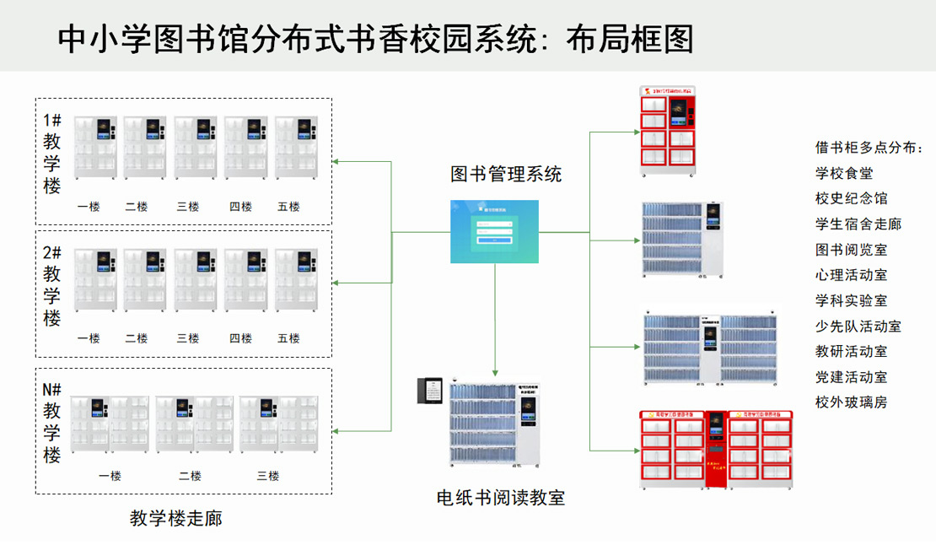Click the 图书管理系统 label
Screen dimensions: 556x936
tap(505, 175)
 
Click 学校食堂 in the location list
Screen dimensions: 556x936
tap(844, 173)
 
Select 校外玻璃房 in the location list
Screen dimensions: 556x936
tap(851, 402)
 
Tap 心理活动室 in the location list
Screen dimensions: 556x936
tap(851, 275)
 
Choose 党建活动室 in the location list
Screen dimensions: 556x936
tap(851, 376)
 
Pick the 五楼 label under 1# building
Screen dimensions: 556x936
tap(288, 207)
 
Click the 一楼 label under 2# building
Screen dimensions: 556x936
tap(89, 338)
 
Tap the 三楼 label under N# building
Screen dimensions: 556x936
tap(267, 476)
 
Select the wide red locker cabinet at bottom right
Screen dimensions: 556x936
tap(715, 449)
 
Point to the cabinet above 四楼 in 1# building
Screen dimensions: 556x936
tap(245, 148)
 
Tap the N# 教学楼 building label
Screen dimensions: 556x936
tap(52, 422)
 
